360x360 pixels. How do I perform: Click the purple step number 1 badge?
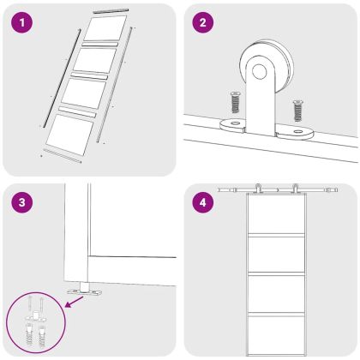(x=22, y=22)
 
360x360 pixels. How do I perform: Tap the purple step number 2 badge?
(x=202, y=22)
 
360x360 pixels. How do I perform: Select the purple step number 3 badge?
(x=22, y=202)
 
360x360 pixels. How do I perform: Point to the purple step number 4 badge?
(x=202, y=202)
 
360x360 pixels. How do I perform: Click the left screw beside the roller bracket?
(x=235, y=102)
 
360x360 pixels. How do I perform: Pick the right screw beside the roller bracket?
(x=298, y=110)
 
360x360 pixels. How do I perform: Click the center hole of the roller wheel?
(x=260, y=71)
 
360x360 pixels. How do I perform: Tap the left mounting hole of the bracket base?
(x=236, y=123)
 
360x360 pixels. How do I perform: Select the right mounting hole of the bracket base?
(x=299, y=132)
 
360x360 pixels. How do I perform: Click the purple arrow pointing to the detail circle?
(x=75, y=302)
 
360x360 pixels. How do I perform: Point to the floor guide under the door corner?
(x=84, y=290)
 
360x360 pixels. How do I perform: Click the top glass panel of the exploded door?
(x=105, y=27)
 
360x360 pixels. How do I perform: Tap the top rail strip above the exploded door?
(x=111, y=11)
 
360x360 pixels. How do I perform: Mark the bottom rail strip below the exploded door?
(x=62, y=156)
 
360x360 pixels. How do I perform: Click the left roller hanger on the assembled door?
(x=258, y=189)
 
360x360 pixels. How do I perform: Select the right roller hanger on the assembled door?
(x=295, y=189)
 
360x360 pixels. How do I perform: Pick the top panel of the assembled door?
(x=276, y=214)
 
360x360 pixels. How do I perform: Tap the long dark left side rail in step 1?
(x=62, y=78)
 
